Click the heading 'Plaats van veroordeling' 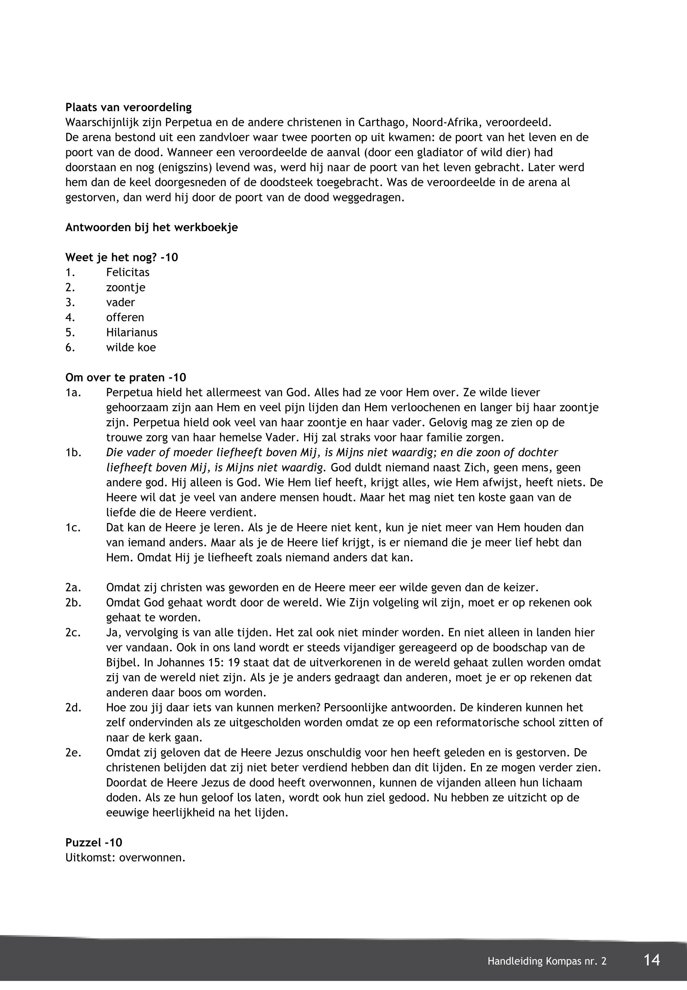pos(128,107)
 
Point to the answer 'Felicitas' pos(128,272)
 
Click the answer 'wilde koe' pos(131,347)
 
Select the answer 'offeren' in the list pos(125,317)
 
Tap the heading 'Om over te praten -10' pos(126,377)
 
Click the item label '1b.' pos(73,452)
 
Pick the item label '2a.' pos(73,587)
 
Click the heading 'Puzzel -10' pos(94,842)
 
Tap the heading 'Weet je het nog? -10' pos(121,257)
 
